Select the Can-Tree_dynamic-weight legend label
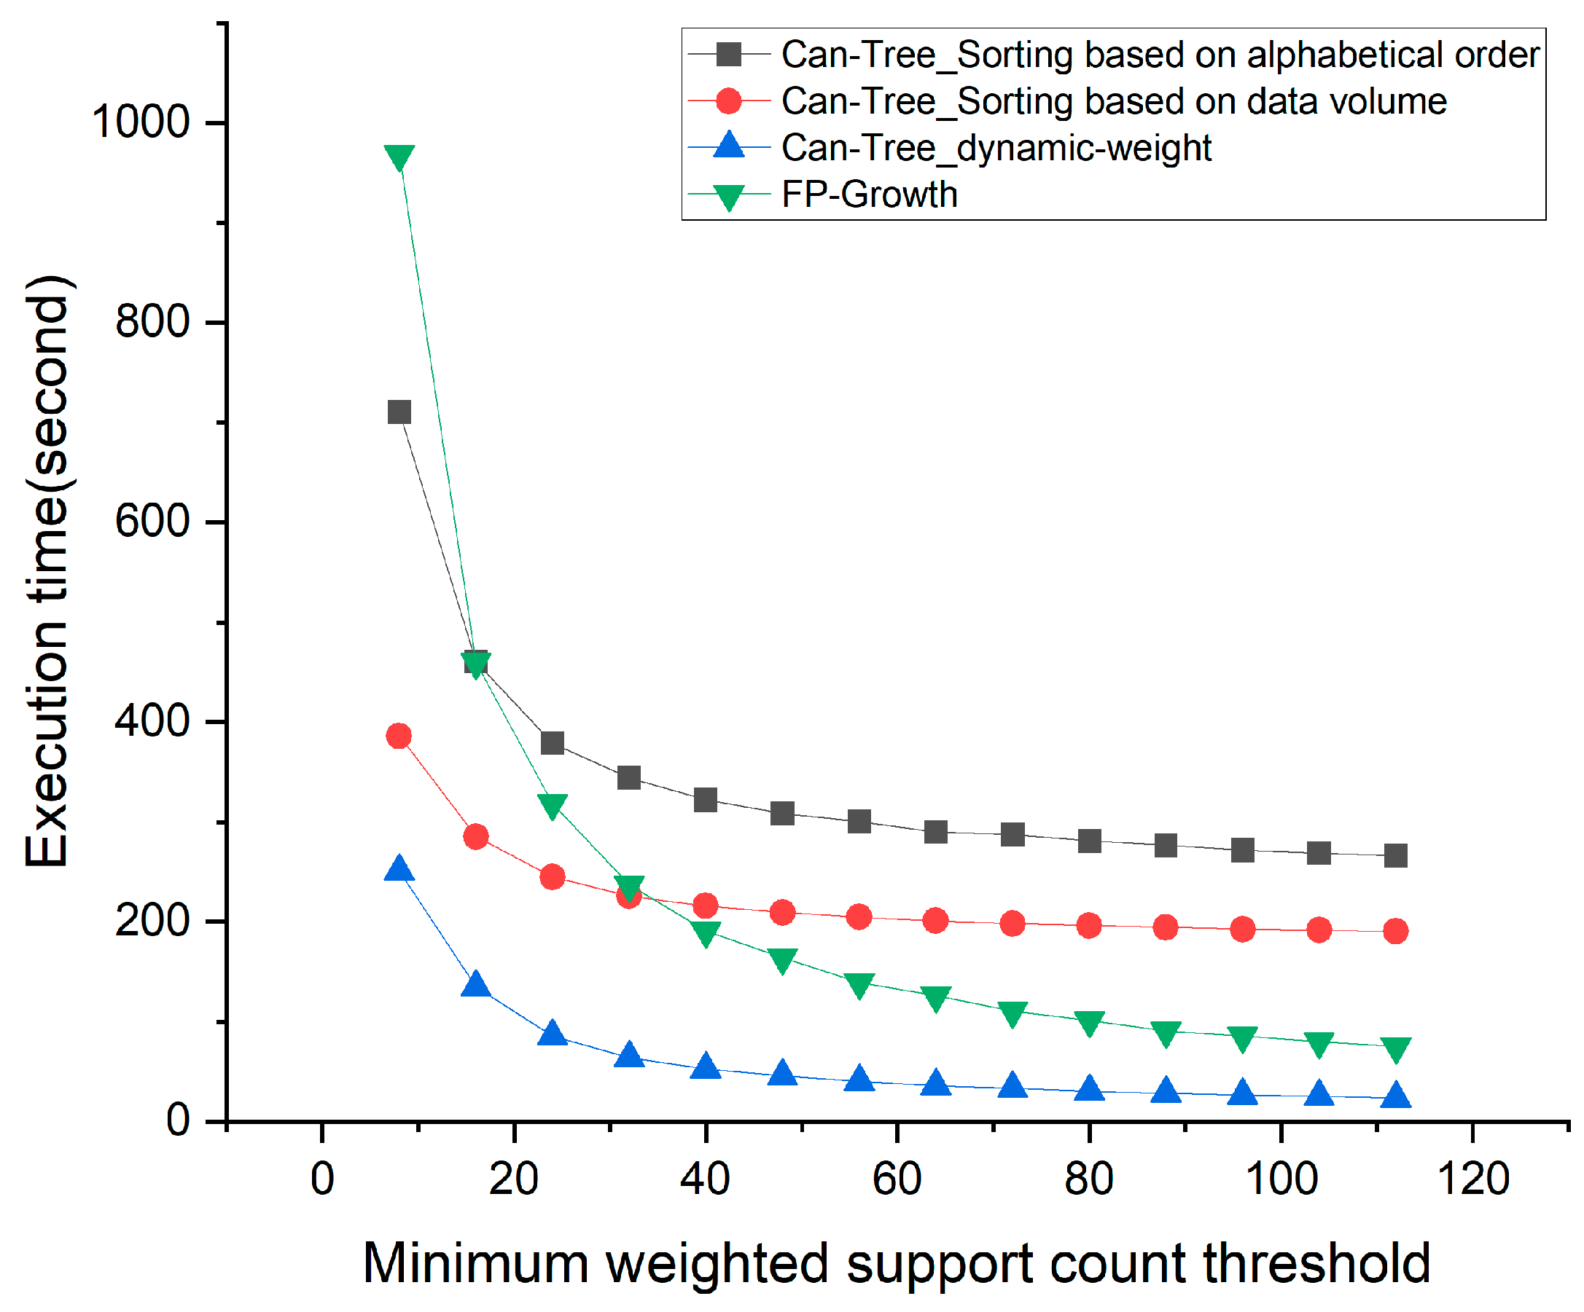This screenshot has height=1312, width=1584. coord(996,148)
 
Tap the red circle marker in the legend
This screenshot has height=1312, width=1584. coord(729,101)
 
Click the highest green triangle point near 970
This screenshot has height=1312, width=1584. coord(399,157)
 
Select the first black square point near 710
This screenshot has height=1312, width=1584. coord(399,412)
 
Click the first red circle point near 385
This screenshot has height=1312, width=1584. coord(399,735)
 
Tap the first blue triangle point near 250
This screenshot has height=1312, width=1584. coord(399,869)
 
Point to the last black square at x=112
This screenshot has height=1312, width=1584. coord(1395,856)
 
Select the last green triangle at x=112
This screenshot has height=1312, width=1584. coord(1395,1049)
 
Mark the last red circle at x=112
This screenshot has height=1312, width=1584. coord(1395,931)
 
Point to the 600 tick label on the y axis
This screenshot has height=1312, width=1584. coord(152,521)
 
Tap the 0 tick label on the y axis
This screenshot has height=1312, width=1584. coord(178,1120)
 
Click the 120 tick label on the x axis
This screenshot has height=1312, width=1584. coord(1473,1179)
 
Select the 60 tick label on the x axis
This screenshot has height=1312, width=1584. coord(897,1179)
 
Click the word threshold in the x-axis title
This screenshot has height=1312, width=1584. coord(1316,1263)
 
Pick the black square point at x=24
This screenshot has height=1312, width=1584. coord(552,743)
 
